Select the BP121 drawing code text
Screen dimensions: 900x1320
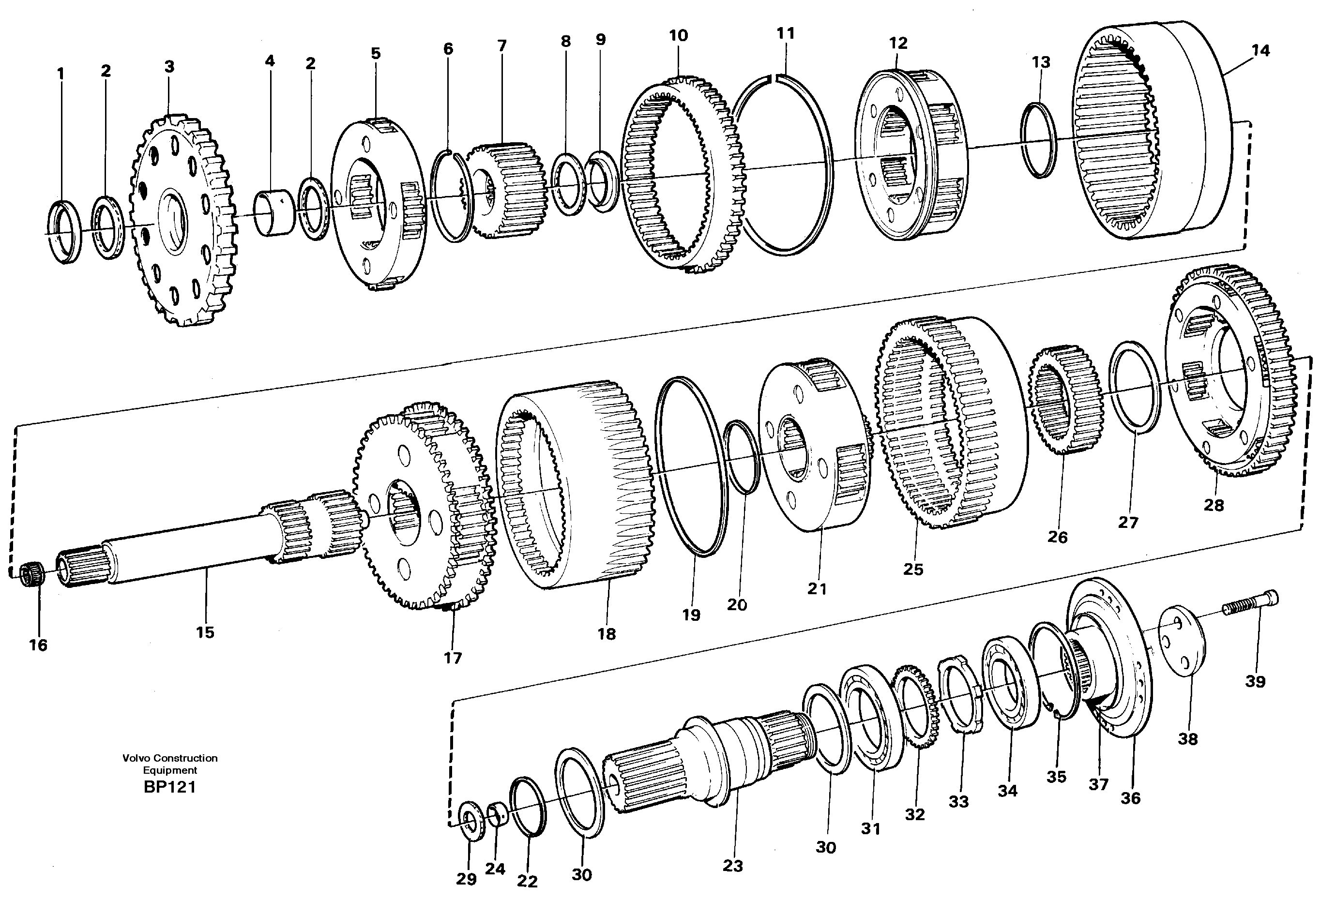click(169, 788)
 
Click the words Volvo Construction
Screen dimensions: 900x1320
click(169, 758)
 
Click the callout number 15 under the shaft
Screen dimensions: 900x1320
click(205, 632)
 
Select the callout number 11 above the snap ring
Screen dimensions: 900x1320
click(786, 33)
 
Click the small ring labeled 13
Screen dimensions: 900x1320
click(1039, 140)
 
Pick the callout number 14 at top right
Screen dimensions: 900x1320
click(1260, 50)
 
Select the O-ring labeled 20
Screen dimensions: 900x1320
click(741, 456)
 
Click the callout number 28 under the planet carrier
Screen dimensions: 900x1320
click(1214, 505)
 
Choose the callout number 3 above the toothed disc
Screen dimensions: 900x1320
click(169, 67)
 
